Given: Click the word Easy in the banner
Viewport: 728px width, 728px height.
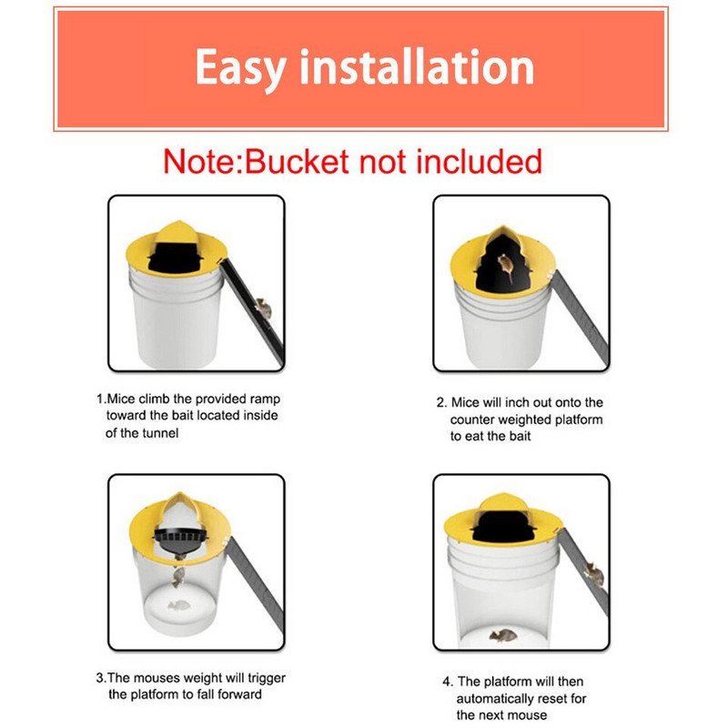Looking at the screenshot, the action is [240, 69].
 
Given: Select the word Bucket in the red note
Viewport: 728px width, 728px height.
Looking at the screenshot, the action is [297, 162].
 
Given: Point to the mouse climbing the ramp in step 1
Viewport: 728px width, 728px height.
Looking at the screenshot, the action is [263, 308].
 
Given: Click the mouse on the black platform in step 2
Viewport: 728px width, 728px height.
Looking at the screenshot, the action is [506, 267].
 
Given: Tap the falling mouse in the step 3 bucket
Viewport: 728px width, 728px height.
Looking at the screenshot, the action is [178, 578].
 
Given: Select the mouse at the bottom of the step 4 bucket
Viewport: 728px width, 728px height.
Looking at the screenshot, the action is [503, 635].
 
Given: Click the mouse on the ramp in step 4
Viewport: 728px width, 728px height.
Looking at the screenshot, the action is [593, 573].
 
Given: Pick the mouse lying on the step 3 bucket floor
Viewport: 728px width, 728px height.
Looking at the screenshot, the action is [178, 605].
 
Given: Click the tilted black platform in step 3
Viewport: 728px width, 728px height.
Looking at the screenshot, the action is [180, 540].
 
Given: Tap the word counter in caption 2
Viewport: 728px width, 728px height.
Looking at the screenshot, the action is [474, 420].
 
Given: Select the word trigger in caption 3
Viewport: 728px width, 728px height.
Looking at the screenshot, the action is [267, 679].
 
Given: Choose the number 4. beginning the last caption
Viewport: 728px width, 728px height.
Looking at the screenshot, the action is [447, 682].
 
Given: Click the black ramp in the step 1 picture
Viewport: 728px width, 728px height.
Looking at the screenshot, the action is [252, 311].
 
